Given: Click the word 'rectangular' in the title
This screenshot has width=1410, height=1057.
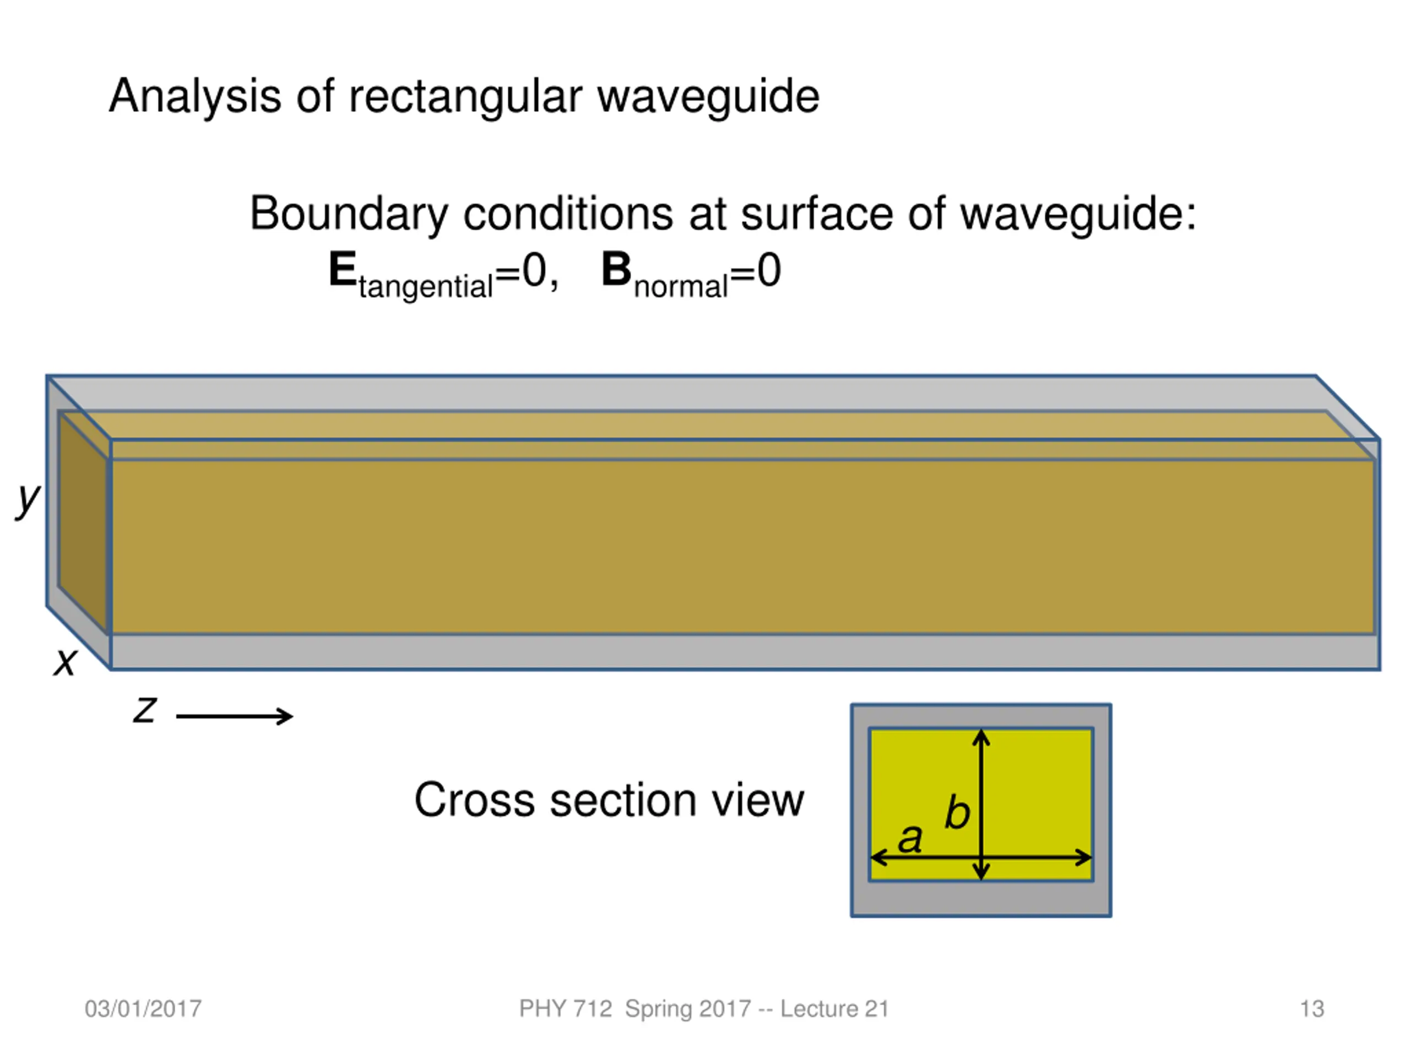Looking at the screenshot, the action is coord(465,97).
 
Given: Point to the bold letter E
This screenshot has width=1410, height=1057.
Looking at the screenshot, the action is coord(342,270).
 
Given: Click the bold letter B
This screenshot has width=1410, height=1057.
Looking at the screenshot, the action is coord(616,270).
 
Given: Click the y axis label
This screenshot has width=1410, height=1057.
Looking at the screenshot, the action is coord(28,500).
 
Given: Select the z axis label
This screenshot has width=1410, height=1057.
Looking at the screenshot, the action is coord(145,709).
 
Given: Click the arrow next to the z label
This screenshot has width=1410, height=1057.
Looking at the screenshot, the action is coord(234,716).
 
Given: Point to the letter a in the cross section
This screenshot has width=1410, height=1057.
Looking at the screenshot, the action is coord(910,838).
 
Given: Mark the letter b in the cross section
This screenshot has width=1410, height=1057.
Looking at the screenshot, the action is coord(957,811).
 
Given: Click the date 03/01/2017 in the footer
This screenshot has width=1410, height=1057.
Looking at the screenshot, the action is coord(143,1009).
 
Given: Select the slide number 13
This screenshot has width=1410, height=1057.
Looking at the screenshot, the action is coord(1312,1009).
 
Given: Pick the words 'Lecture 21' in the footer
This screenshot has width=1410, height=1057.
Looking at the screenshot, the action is coord(834,1009).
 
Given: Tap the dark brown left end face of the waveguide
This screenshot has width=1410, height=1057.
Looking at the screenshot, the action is coord(83,522).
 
